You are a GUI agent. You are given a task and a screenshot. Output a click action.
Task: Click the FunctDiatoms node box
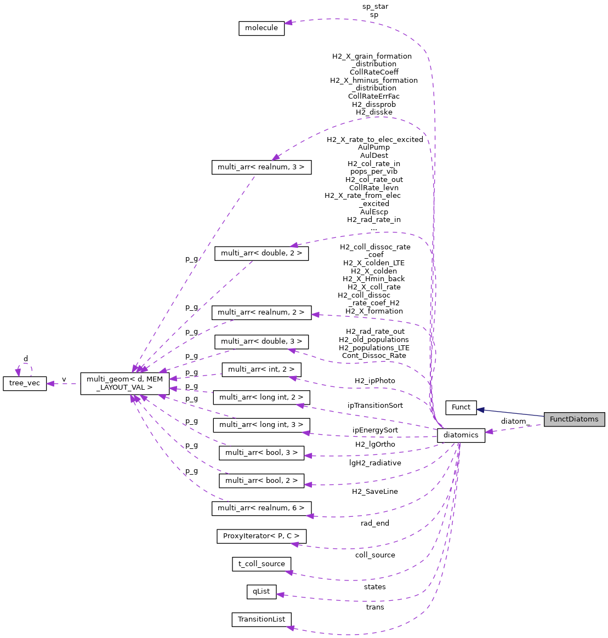[574, 419]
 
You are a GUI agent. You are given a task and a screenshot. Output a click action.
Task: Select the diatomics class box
[461, 435]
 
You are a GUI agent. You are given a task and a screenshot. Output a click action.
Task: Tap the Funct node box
[461, 407]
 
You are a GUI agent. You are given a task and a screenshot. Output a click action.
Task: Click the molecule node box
[262, 28]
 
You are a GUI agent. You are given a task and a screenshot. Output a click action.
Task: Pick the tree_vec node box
[25, 383]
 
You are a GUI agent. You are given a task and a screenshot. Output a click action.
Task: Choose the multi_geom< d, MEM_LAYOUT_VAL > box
[124, 383]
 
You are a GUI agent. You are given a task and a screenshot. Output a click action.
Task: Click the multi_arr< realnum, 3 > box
[262, 167]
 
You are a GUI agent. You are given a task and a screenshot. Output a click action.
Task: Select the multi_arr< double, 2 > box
[262, 253]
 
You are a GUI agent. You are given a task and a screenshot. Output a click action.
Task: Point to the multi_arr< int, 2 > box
[262, 369]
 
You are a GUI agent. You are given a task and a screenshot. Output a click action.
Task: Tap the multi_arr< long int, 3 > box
[262, 425]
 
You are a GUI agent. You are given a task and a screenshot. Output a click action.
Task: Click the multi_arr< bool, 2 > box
[262, 481]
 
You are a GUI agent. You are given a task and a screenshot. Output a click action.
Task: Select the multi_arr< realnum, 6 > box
[262, 508]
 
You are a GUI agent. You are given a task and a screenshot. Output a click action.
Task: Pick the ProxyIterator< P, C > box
[262, 536]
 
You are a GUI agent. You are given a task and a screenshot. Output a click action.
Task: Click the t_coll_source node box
[262, 564]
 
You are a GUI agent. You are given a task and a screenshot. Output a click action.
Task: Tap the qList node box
[262, 591]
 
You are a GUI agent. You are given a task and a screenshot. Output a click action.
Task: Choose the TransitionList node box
[262, 619]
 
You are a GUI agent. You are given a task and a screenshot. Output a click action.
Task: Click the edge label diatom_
[514, 421]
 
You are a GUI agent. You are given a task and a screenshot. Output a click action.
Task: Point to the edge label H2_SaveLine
[375, 492]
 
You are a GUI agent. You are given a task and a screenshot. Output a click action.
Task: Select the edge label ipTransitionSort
[375, 406]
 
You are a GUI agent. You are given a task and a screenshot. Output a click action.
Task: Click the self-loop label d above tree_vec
[25, 359]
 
